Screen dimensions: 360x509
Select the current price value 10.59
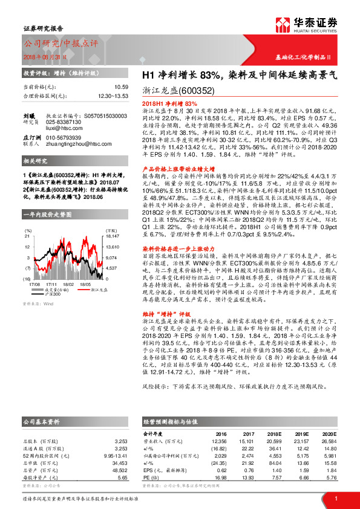point(122,87)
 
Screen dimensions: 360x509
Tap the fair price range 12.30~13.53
point(113,96)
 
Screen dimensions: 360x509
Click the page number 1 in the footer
point(335,498)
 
